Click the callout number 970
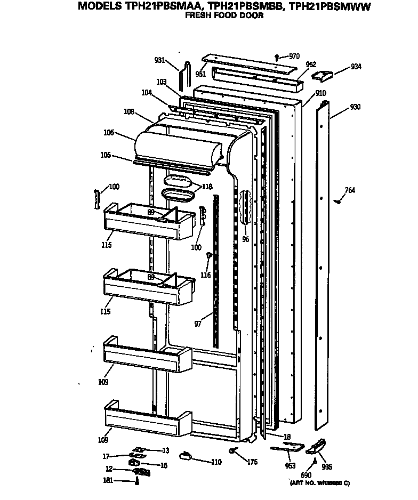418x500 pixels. (x=294, y=56)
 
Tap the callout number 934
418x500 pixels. (x=356, y=67)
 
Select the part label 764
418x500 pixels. (x=350, y=191)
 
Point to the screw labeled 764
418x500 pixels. (x=336, y=201)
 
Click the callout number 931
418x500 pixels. (x=159, y=60)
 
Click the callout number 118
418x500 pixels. (x=207, y=187)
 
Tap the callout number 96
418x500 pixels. (x=245, y=239)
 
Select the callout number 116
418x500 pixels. (x=206, y=275)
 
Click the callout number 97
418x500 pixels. (x=198, y=324)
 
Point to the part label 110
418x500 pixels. (x=216, y=462)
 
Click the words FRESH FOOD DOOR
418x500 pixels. (x=224, y=16)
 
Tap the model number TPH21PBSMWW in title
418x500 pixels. (x=329, y=6)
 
